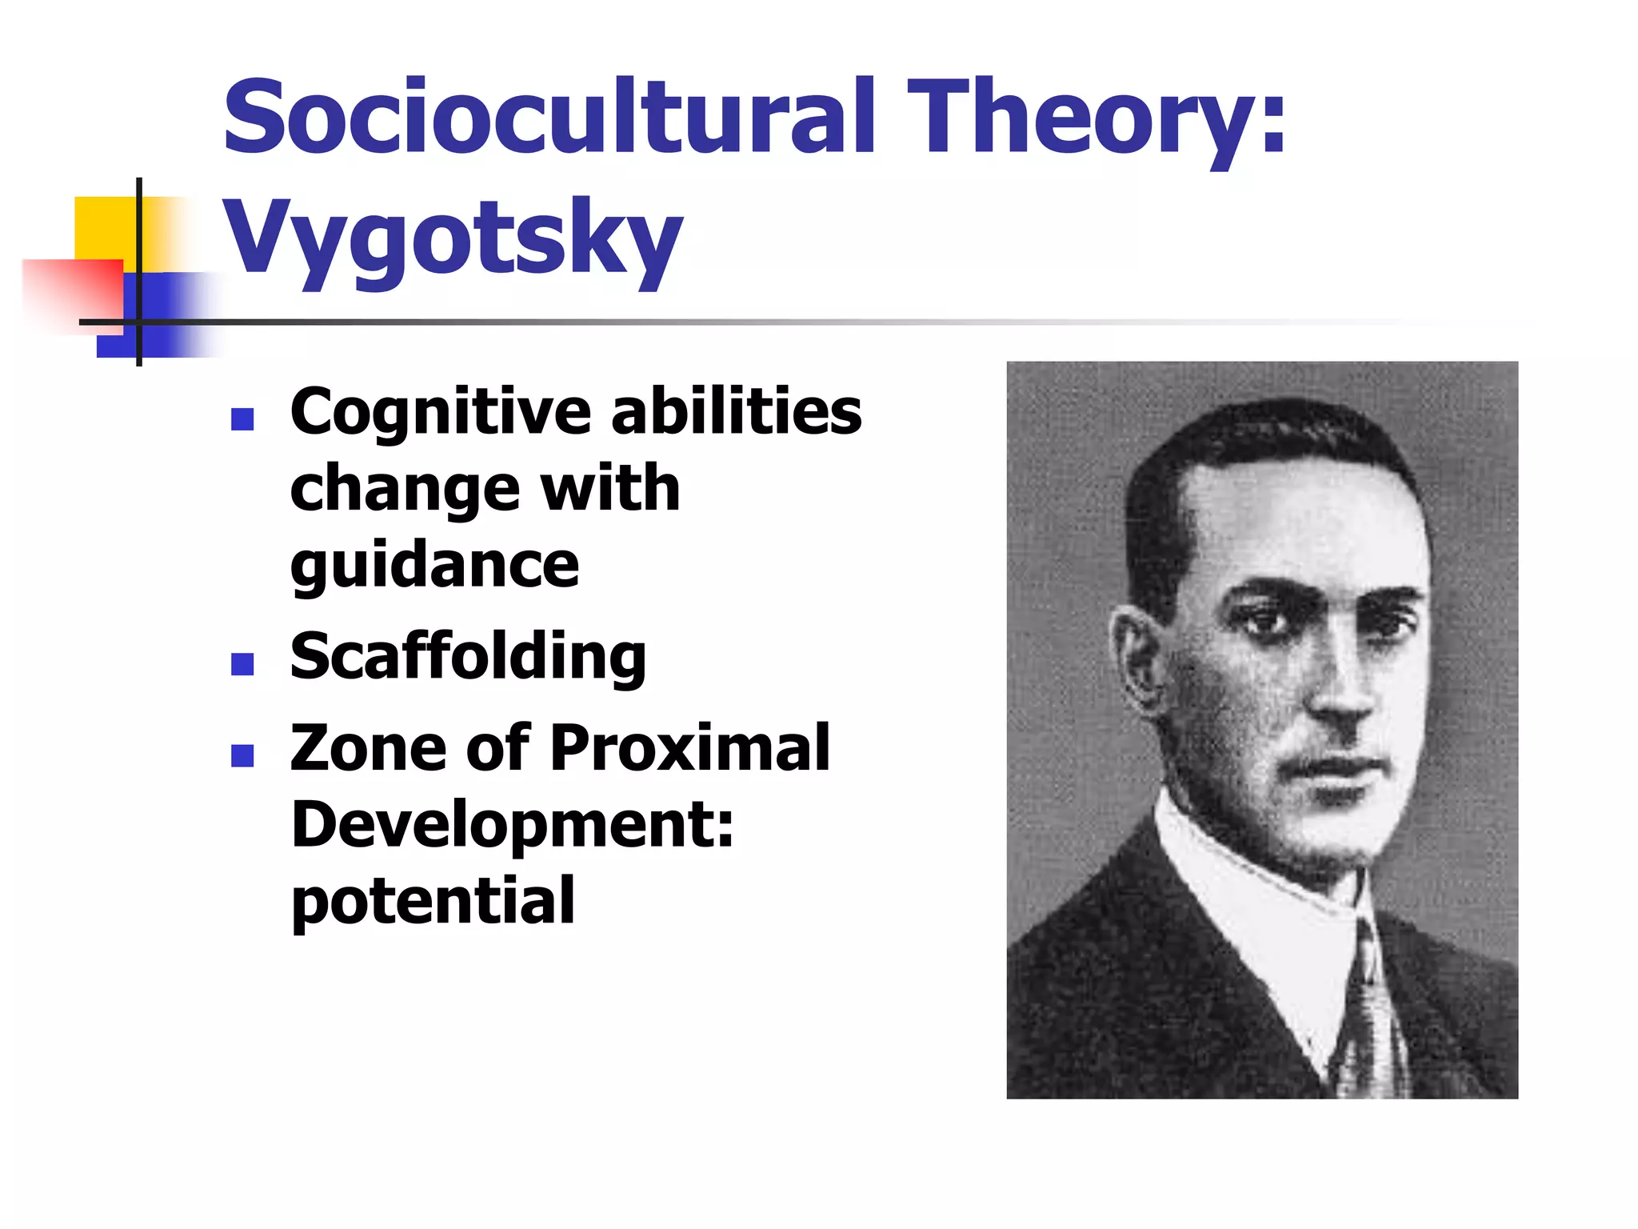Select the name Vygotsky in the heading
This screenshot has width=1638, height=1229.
(453, 238)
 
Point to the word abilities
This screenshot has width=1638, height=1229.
(736, 411)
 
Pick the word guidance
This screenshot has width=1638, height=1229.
(434, 566)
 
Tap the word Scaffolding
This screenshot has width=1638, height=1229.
(468, 657)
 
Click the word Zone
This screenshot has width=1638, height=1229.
(369, 748)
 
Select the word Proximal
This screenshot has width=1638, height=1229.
(690, 748)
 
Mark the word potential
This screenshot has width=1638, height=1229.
(433, 902)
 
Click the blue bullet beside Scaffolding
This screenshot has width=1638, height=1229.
(242, 664)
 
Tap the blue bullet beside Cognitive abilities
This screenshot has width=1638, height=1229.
(242, 419)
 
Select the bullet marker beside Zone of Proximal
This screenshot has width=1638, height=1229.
(242, 755)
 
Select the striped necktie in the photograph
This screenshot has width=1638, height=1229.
(1372, 1016)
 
